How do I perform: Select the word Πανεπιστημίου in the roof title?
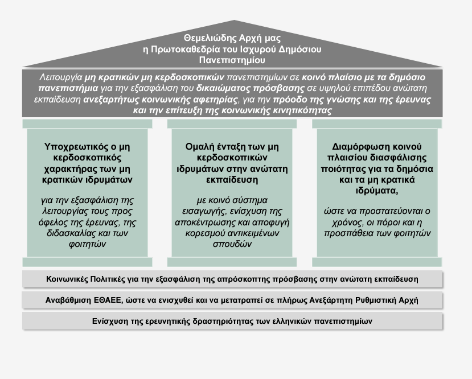click(x=232, y=60)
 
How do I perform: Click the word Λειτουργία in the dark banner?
click(x=61, y=77)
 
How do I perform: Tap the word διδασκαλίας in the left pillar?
click(x=67, y=233)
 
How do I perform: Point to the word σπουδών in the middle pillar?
click(x=232, y=244)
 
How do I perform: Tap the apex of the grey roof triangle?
click(x=234, y=20)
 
